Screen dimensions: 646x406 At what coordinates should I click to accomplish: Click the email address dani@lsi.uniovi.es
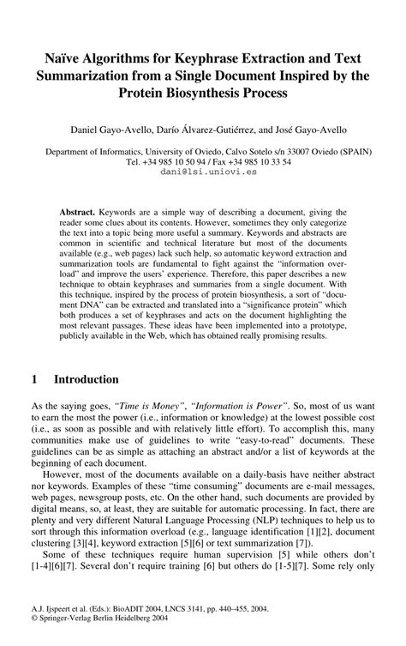(202, 171)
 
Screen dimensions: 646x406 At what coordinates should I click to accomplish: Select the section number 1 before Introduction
(34, 378)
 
